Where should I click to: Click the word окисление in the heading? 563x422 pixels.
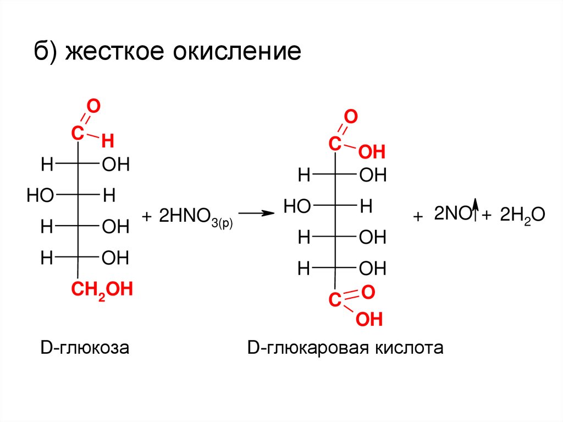point(238,53)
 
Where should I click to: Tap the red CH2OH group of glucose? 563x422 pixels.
point(101,289)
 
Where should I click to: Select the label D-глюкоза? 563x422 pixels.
point(84,348)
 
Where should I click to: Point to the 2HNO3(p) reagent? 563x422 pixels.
point(196,216)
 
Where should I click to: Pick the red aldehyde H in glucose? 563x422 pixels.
point(107,142)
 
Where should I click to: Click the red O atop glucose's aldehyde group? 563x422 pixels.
point(93,107)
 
